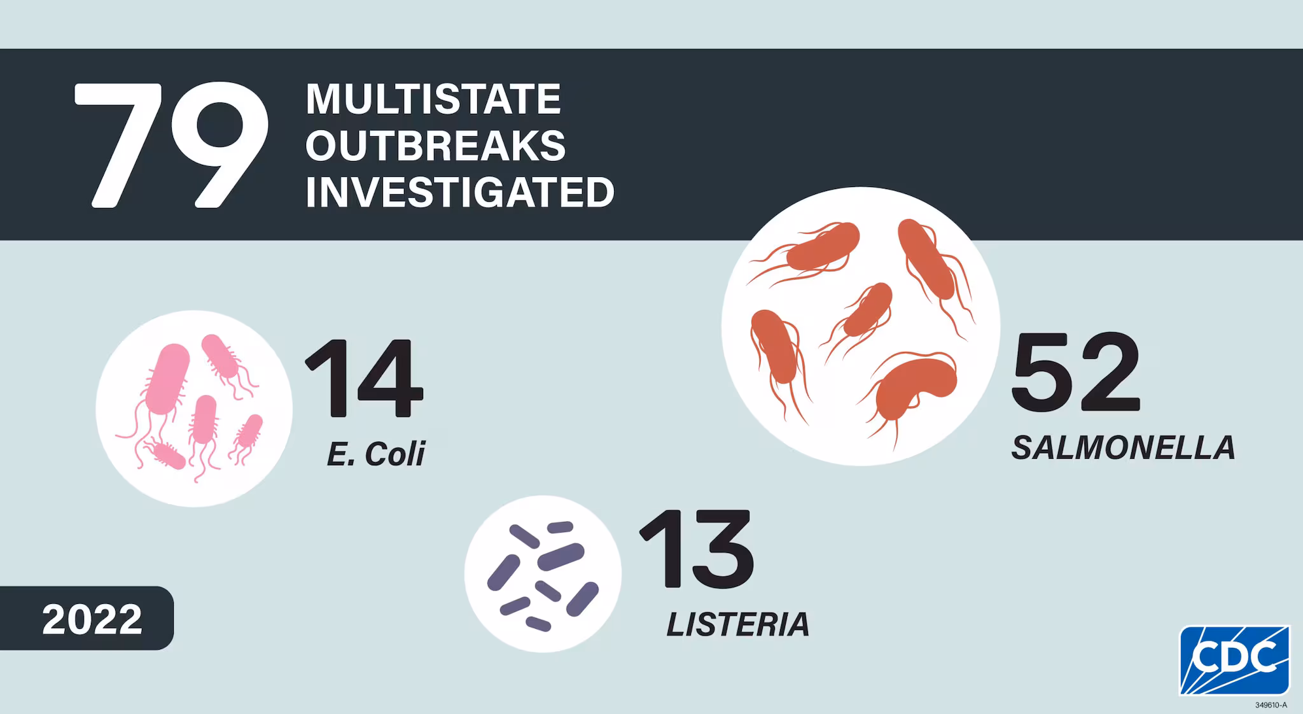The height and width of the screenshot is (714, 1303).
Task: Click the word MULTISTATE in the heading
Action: click(433, 99)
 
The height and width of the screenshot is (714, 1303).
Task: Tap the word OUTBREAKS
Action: click(435, 146)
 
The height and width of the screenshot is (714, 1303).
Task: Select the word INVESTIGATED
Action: click(459, 192)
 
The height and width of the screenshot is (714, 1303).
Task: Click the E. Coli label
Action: click(375, 454)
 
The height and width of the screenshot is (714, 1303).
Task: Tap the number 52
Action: click(1075, 373)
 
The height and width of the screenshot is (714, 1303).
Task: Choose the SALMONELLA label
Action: click(1123, 448)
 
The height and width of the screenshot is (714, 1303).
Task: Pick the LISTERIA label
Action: click(737, 624)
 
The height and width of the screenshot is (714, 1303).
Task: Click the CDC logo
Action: click(1234, 660)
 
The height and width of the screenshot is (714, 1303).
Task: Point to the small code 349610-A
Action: click(1271, 705)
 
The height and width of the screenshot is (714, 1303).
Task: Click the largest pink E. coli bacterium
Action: click(167, 379)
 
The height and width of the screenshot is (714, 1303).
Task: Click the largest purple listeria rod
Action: click(561, 557)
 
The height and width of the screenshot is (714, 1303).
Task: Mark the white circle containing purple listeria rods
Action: click(543, 574)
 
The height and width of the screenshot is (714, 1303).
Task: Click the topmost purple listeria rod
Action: click(560, 528)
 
